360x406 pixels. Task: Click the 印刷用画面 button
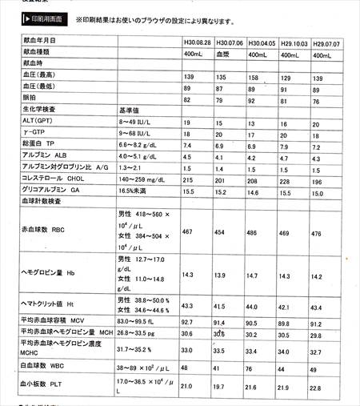[36, 17]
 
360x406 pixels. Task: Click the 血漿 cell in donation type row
[226, 54]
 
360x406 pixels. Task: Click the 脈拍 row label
[32, 100]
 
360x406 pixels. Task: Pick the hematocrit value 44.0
[255, 307]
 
